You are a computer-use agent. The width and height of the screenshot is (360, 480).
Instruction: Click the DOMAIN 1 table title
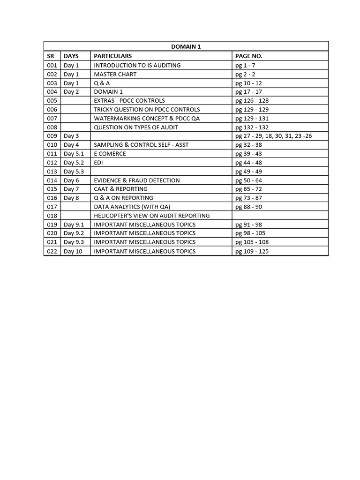186,46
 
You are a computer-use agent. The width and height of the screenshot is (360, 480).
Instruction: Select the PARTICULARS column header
112,56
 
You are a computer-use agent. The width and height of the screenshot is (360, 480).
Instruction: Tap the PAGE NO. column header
248,56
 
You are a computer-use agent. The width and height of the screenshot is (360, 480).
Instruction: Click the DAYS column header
71,56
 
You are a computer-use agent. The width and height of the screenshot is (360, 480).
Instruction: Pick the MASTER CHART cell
115,74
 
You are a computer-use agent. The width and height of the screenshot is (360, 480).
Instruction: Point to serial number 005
52,100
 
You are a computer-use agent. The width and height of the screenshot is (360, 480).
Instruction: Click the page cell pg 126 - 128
252,100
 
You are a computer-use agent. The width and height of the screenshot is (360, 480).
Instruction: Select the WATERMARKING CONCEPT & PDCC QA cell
147,118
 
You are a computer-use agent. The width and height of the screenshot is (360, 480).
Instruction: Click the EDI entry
98,162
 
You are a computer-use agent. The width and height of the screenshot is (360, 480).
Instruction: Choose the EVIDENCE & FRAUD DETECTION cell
137,180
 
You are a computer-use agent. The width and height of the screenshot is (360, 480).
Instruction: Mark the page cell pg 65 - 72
248,189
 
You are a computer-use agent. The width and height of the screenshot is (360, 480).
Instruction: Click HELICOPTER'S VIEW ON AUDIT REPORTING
152,216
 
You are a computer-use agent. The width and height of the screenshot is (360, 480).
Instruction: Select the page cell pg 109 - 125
252,251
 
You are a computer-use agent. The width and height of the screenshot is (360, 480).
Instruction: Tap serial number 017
52,207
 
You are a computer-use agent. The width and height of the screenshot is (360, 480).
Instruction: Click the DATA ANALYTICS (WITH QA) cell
132,207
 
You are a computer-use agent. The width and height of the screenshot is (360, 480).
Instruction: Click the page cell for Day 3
273,136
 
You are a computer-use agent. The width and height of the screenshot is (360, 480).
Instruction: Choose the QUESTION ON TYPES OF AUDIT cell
136,127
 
